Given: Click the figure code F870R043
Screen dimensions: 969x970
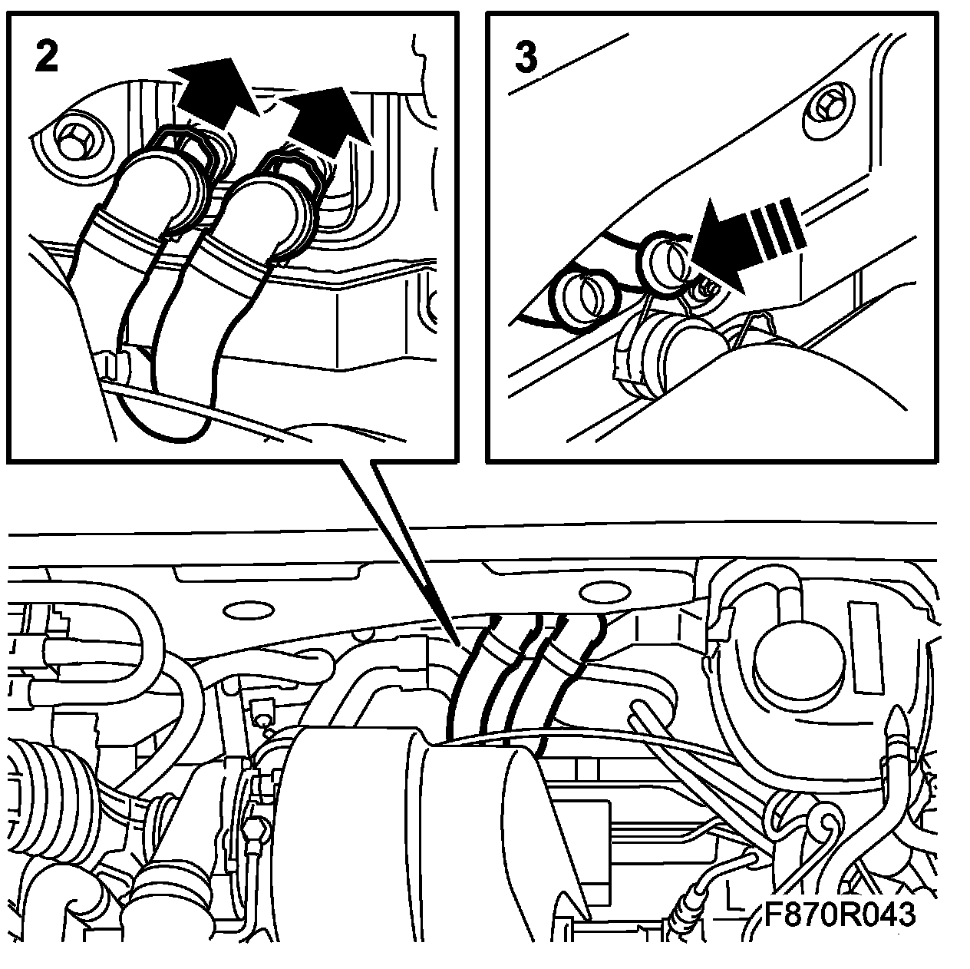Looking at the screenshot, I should pos(840,914).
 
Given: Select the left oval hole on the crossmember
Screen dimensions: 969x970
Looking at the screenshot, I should pos(247,611).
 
